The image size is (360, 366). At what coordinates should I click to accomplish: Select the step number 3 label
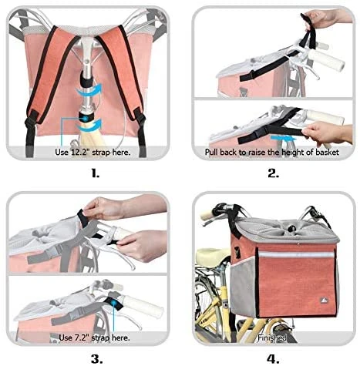[95, 358]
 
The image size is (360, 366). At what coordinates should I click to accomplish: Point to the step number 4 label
[272, 358]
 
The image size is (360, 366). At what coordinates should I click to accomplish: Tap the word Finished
[272, 337]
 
